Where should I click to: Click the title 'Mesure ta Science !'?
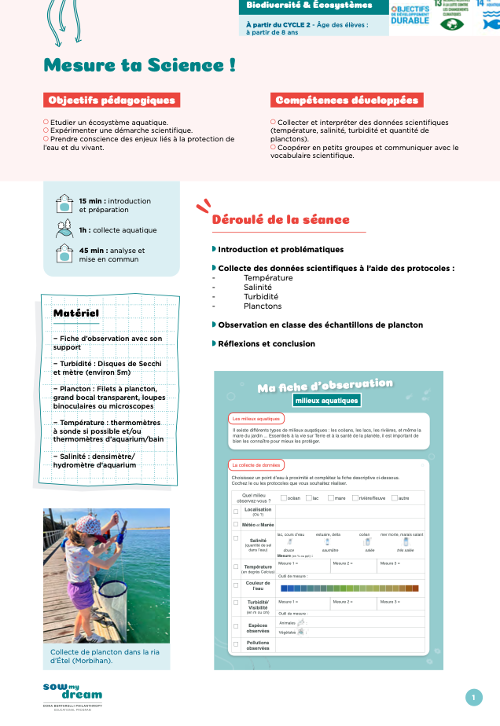[x=140, y=66]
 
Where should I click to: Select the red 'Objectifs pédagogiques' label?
[x=111, y=101]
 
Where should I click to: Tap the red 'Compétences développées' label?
[x=347, y=101]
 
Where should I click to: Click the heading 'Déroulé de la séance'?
[x=281, y=220]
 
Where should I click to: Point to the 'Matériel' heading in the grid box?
[x=75, y=313]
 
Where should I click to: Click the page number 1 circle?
[x=473, y=697]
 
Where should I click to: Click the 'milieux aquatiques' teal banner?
[x=325, y=401]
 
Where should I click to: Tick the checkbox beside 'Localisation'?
[x=236, y=511]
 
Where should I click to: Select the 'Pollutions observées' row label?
[x=258, y=645]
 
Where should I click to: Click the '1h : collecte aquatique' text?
[x=117, y=230]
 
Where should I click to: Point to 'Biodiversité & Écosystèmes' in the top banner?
[x=309, y=5]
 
